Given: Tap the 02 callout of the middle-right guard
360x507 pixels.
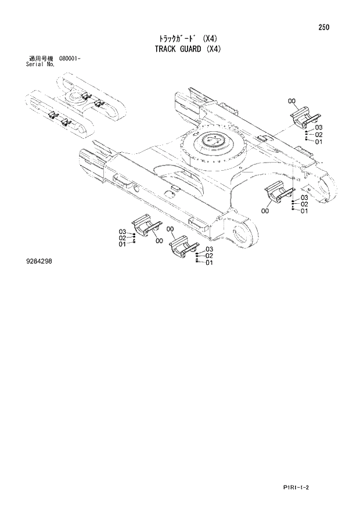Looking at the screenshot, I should point(304,204).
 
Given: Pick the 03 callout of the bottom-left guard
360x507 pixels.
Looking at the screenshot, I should point(123,231).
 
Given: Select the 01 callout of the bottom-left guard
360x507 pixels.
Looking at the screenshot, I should point(123,244).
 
